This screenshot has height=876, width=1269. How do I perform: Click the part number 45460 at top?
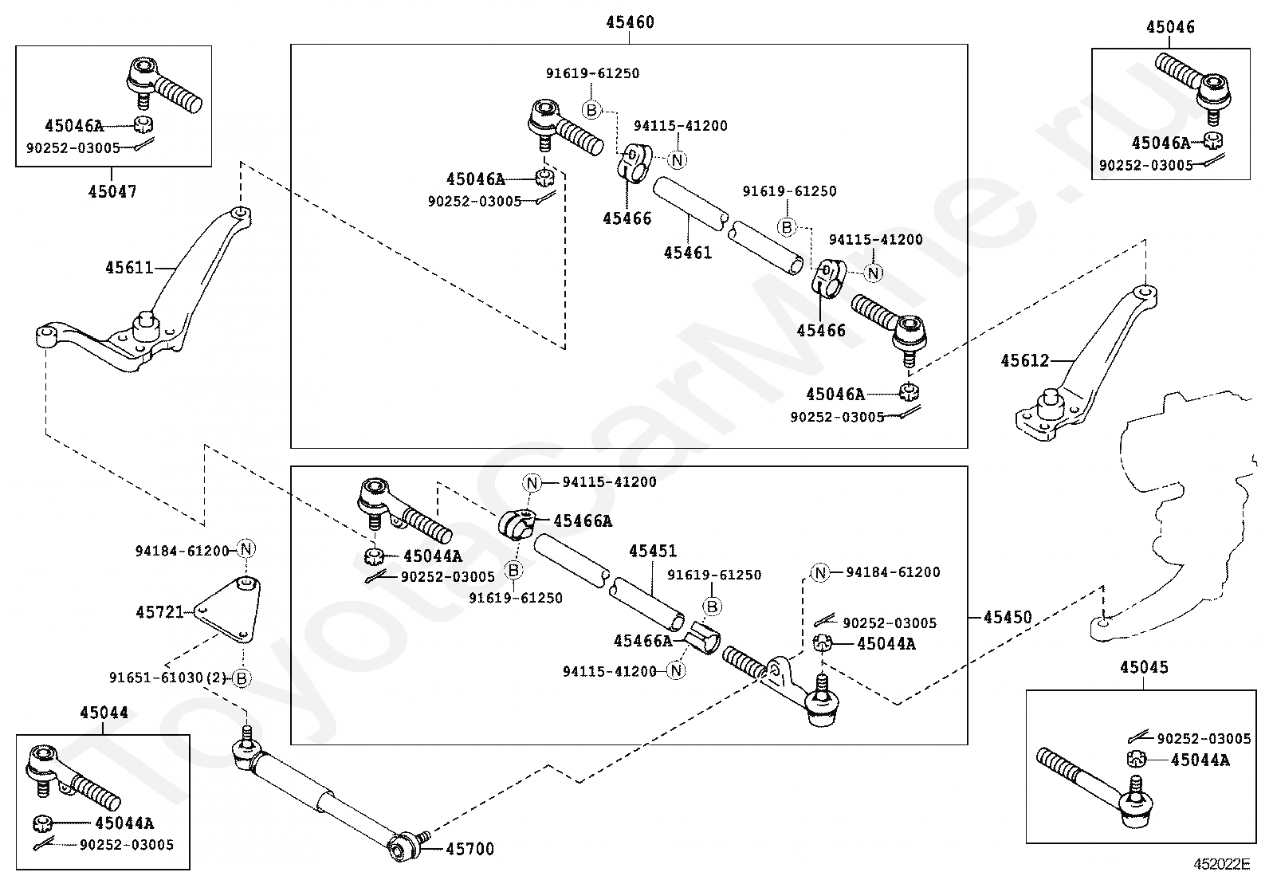click(630, 22)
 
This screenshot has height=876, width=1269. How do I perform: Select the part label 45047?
click(112, 191)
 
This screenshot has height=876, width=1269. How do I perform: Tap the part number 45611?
click(129, 268)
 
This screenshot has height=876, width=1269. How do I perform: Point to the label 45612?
click(1025, 360)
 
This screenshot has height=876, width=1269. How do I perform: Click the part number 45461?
click(688, 253)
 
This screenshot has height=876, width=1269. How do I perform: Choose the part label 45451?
click(653, 551)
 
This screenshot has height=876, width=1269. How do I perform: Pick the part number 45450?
click(1008, 617)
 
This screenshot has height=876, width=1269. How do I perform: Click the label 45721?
click(159, 612)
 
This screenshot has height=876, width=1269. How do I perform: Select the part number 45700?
click(469, 849)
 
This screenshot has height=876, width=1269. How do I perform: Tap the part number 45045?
click(1144, 667)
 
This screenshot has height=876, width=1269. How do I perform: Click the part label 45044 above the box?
click(104, 713)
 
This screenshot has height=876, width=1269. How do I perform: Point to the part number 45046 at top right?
click(1170, 27)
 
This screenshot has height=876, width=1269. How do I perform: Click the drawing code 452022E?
click(1221, 864)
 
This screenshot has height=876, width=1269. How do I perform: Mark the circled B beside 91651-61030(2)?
click(242, 678)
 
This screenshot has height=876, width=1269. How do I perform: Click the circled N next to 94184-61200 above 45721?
click(246, 549)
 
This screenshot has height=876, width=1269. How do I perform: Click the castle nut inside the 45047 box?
click(143, 124)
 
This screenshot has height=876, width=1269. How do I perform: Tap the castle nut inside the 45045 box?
click(1136, 759)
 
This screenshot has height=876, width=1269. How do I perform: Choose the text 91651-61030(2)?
click(167, 678)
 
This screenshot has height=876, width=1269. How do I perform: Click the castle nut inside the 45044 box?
click(42, 823)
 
